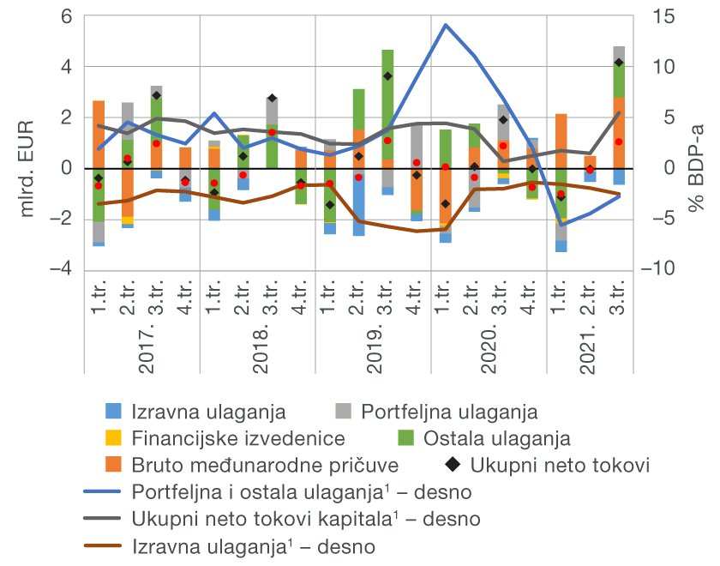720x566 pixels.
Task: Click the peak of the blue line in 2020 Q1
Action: (445, 25)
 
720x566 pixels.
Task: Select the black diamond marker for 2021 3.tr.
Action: (619, 63)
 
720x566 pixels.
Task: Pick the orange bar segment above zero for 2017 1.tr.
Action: (99, 137)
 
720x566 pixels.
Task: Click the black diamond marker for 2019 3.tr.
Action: (387, 76)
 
